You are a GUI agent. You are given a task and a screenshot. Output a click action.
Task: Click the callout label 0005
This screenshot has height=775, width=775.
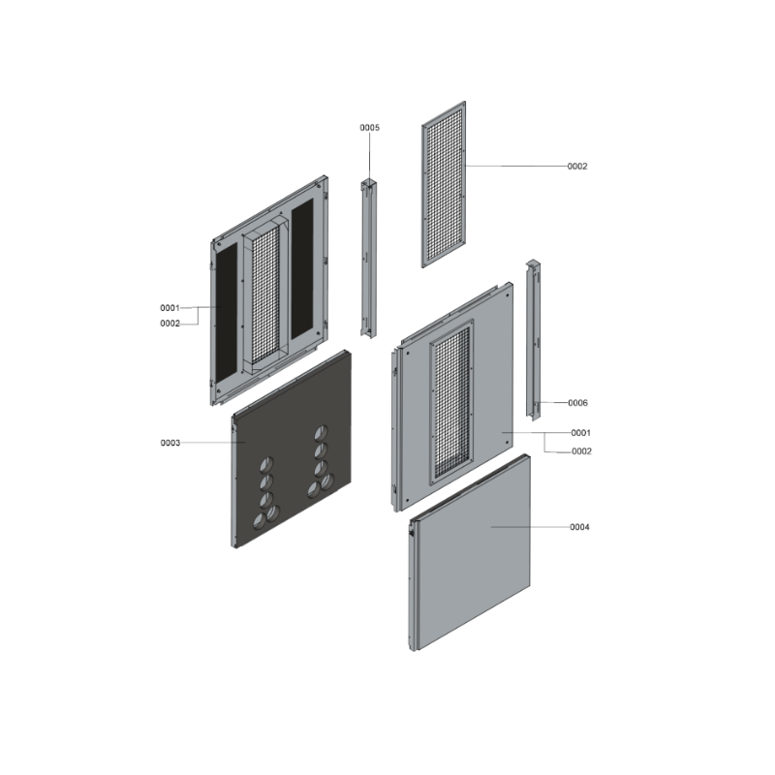point(369,128)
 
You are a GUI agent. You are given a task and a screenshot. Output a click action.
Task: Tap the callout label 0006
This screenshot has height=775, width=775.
point(577,403)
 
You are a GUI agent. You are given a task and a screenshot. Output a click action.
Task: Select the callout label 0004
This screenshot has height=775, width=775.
point(579,527)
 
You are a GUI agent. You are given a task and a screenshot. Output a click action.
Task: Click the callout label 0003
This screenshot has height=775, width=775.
point(170,443)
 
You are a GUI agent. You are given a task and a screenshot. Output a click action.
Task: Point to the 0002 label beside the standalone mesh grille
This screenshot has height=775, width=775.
point(576,167)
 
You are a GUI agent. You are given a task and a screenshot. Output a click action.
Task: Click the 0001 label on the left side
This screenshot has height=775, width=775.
point(170,308)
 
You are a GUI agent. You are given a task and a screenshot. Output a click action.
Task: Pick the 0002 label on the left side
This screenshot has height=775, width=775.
point(170,324)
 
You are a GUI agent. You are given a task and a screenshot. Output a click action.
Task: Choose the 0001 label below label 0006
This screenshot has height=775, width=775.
point(580,433)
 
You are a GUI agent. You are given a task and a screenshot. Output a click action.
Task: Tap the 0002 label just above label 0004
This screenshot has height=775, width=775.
point(581,451)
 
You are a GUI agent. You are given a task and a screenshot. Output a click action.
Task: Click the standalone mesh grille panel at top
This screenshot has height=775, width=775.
point(444,184)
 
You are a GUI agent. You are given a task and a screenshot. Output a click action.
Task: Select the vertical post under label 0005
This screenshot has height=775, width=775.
point(369,259)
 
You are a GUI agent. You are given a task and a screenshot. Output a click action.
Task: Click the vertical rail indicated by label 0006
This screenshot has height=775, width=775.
point(534,340)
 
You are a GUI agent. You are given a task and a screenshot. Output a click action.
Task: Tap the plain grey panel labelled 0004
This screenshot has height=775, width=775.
point(470,552)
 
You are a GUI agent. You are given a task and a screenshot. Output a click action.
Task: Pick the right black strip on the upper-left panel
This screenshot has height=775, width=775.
point(302,269)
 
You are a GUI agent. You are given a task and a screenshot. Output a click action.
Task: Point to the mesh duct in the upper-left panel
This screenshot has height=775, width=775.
point(265,295)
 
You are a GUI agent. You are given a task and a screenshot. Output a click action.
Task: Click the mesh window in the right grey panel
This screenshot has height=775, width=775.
point(451,402)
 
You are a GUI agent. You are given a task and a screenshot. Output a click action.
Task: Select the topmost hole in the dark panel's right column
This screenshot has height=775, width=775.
point(322,433)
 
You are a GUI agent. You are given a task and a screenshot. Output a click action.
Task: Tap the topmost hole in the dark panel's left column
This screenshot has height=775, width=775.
point(267,464)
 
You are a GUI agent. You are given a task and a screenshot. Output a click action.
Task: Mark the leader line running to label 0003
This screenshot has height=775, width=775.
point(213,443)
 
